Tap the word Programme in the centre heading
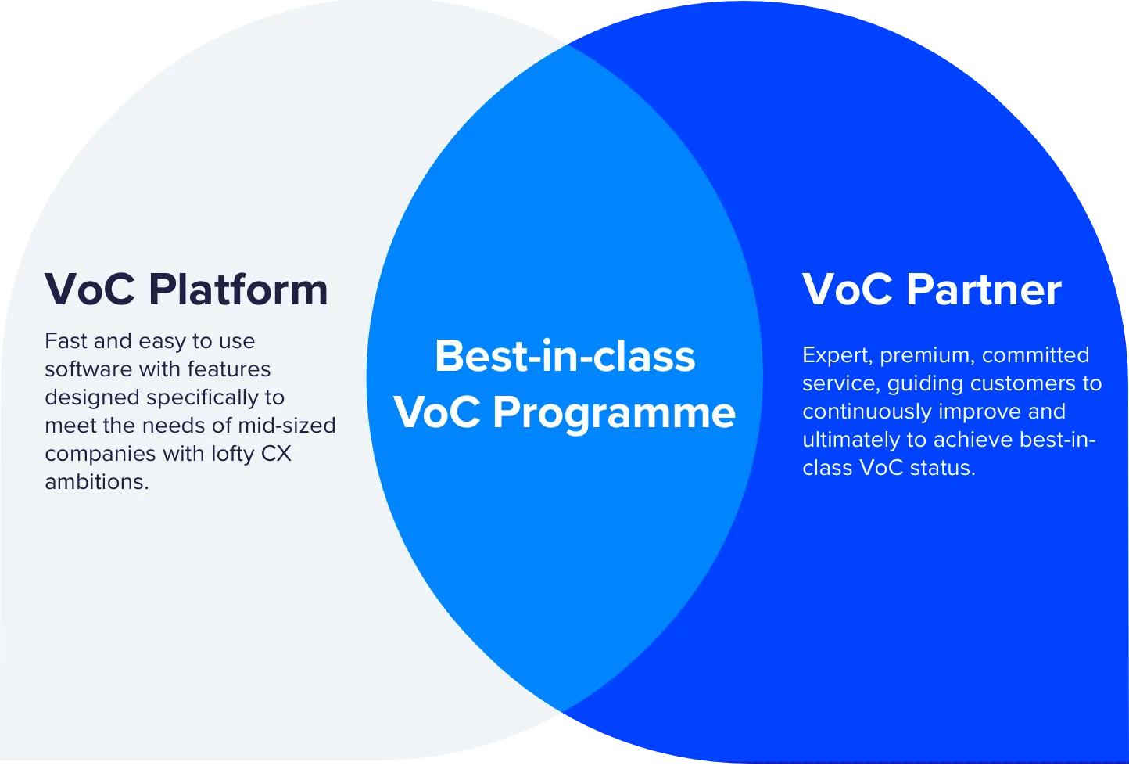(x=614, y=413)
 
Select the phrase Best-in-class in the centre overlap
(x=565, y=356)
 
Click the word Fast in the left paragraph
(x=66, y=341)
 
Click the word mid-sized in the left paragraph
(x=287, y=426)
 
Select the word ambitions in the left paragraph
(x=97, y=482)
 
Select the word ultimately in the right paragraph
(x=851, y=440)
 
